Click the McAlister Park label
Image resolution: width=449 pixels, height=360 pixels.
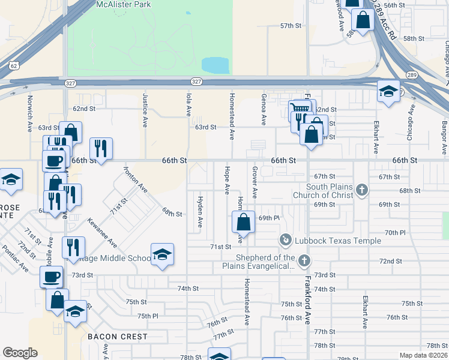point(124,4)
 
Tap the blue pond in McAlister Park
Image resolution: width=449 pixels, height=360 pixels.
point(215,64)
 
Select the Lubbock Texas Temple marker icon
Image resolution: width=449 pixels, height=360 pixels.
point(285,241)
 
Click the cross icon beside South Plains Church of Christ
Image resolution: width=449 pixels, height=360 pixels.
point(361,190)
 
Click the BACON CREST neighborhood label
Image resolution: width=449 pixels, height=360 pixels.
point(118,337)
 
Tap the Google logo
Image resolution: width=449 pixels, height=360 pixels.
point(20,353)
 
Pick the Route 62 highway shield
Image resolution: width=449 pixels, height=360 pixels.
point(13,64)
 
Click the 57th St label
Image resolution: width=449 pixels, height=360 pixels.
point(291,26)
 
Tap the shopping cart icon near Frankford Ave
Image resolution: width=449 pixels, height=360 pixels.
point(299,109)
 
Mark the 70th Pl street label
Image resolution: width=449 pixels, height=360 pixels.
point(396,232)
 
